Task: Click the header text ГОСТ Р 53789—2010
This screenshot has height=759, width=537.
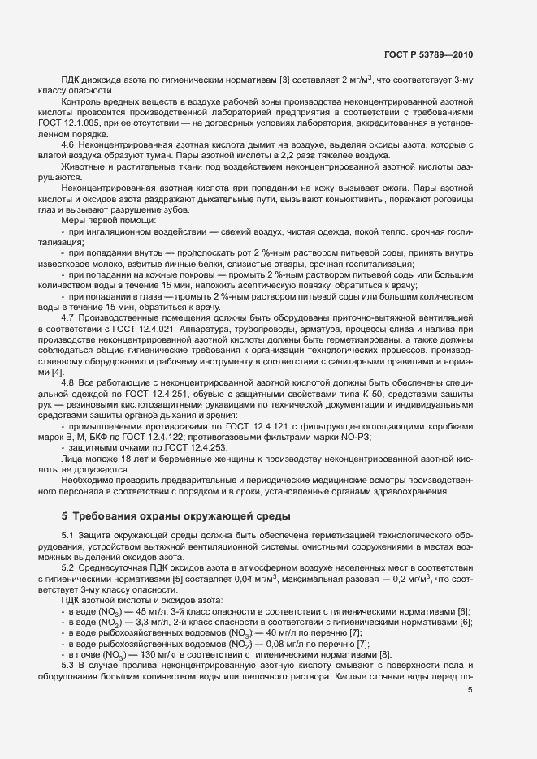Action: (428, 55)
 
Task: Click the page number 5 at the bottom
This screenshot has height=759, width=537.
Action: (470, 691)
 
